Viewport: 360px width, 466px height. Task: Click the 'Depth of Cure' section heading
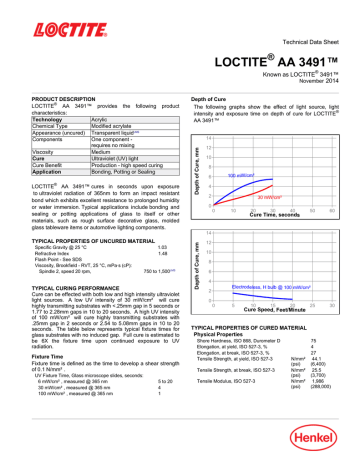pos(213,99)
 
